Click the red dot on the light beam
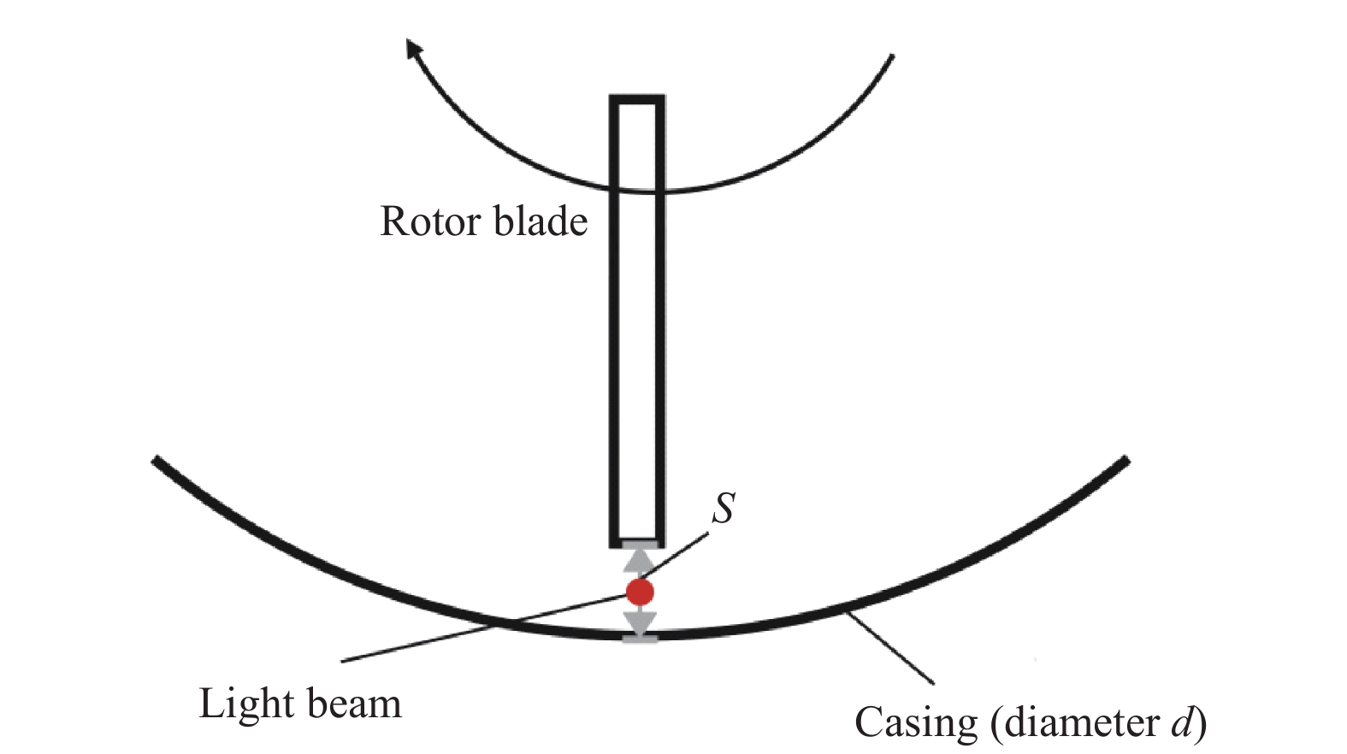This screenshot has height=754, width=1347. [640, 591]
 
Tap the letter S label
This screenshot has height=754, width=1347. [724, 508]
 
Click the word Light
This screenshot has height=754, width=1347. [245, 704]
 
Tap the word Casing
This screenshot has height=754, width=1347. [915, 723]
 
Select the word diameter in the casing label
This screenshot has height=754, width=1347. [1082, 723]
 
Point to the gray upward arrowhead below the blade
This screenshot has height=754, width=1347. [639, 560]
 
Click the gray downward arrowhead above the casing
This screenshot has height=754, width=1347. [639, 621]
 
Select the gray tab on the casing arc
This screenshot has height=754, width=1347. [639, 638]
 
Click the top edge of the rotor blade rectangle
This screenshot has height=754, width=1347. [637, 99]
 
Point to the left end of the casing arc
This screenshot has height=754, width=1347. [157, 460]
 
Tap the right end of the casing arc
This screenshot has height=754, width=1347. [1125, 461]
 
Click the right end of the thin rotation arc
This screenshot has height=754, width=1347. [891, 57]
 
